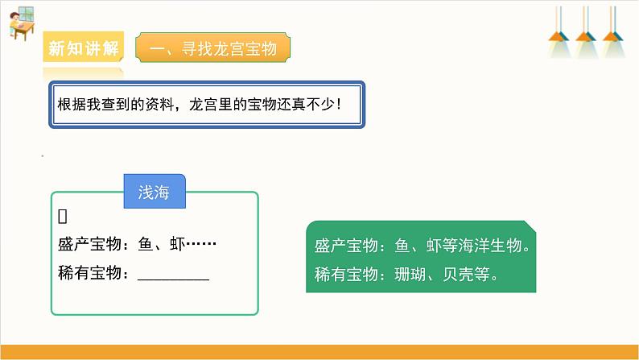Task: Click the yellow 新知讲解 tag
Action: pyautogui.click(x=84, y=49)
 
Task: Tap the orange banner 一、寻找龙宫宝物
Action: pyautogui.click(x=213, y=49)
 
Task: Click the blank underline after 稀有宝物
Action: pyautogui.click(x=173, y=275)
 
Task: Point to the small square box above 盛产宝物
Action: pyautogui.click(x=62, y=216)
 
